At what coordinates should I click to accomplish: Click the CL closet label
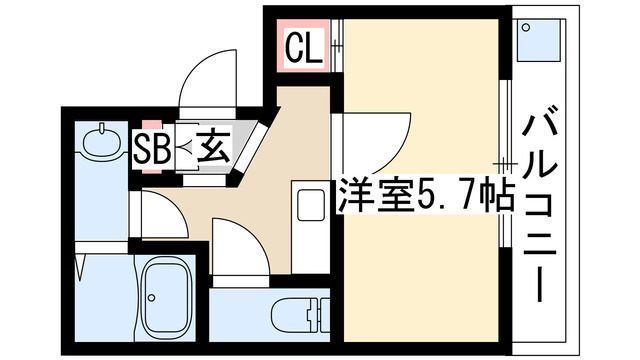point(304,46)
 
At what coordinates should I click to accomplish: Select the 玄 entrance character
point(213,148)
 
